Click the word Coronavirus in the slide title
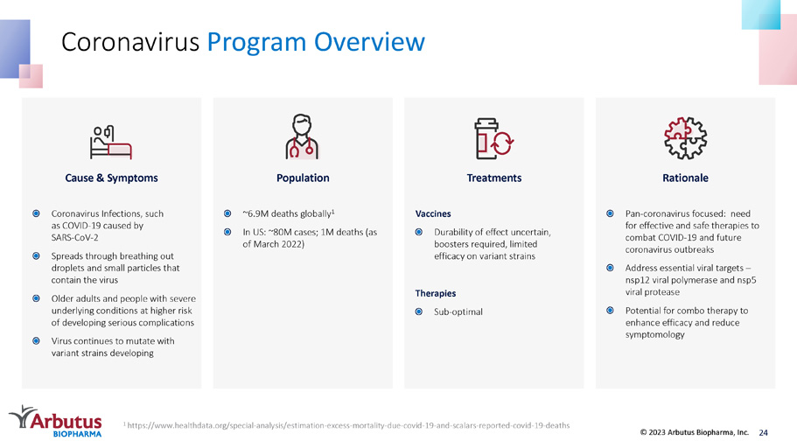pos(130,42)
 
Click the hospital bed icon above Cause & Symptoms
pos(111,143)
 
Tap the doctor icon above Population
pos(302,136)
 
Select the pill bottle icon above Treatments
pos(493,138)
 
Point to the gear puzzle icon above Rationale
pos(685,137)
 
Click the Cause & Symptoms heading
pos(111,178)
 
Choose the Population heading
pos(303,178)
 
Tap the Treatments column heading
pos(494,178)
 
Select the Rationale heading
pos(685,178)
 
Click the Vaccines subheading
pos(433,213)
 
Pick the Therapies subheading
pos(436,293)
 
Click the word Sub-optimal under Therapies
pos(458,311)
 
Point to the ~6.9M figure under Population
pos(255,213)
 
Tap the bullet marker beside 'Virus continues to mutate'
pos(36,340)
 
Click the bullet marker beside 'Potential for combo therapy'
pos(610,311)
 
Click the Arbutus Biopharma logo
pos(56,421)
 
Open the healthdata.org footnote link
pos(348,425)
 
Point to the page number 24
pos(764,433)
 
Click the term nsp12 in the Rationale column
pos(638,280)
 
